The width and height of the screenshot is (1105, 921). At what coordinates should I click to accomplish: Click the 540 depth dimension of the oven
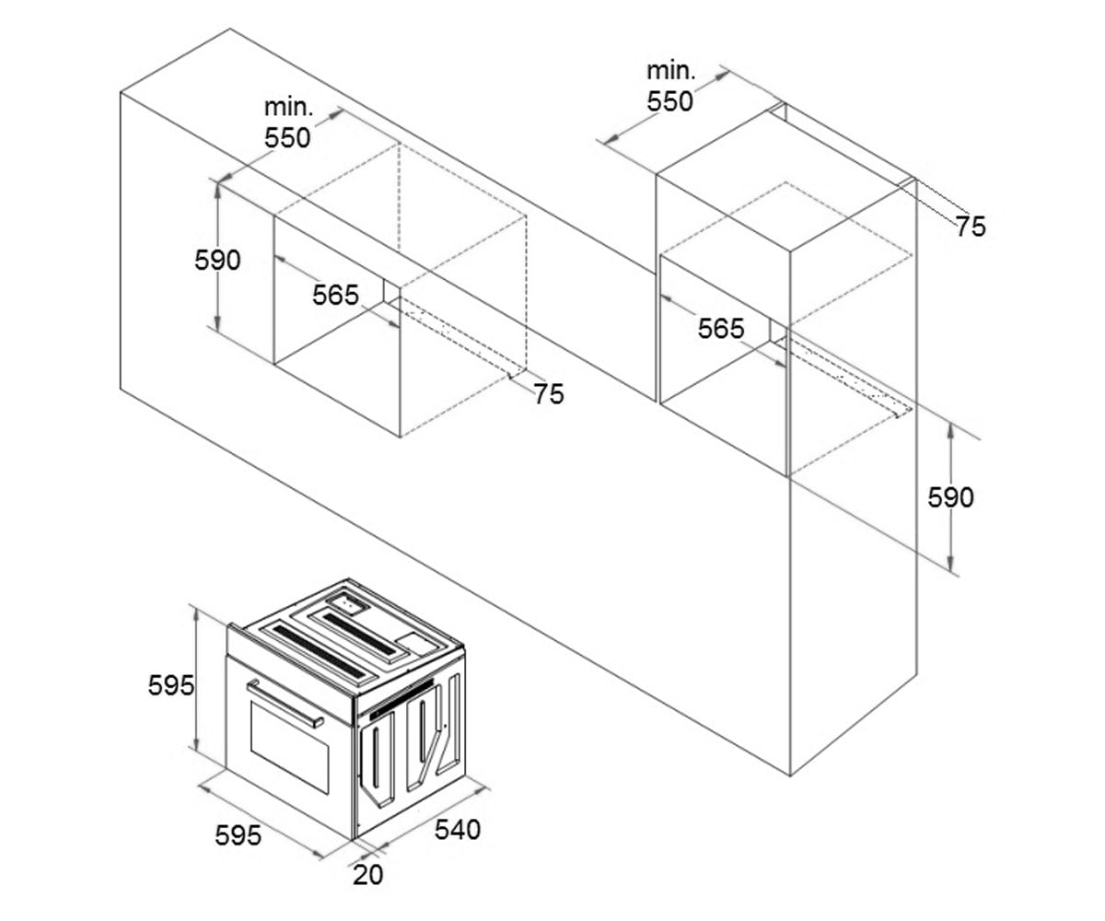tap(458, 830)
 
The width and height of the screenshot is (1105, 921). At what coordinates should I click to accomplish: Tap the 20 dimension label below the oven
tap(367, 875)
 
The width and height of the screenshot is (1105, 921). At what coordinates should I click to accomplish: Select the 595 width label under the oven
tap(238, 835)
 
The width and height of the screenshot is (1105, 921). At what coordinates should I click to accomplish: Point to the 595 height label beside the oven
tap(171, 685)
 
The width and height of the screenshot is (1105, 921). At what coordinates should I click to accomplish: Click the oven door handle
tap(285, 704)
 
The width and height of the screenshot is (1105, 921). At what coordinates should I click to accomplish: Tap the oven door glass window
tap(289, 747)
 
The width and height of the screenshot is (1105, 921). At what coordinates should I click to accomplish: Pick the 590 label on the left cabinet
tap(217, 260)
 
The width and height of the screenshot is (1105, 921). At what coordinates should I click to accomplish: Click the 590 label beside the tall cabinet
tap(950, 497)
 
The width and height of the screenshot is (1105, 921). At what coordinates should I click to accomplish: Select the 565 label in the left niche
tap(335, 295)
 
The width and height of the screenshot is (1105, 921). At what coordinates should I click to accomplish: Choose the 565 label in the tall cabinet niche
tap(721, 329)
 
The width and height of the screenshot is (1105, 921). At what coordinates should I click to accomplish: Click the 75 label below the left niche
tap(549, 394)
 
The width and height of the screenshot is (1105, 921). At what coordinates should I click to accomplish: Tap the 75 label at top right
tap(971, 227)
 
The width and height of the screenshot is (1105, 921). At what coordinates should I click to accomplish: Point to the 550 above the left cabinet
tap(287, 138)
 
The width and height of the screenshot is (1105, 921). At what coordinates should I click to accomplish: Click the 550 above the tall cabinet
tap(669, 101)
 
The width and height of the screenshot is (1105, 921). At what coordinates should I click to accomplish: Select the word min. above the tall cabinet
tap(670, 72)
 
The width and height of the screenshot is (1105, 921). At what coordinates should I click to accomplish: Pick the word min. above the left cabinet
tap(288, 108)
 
